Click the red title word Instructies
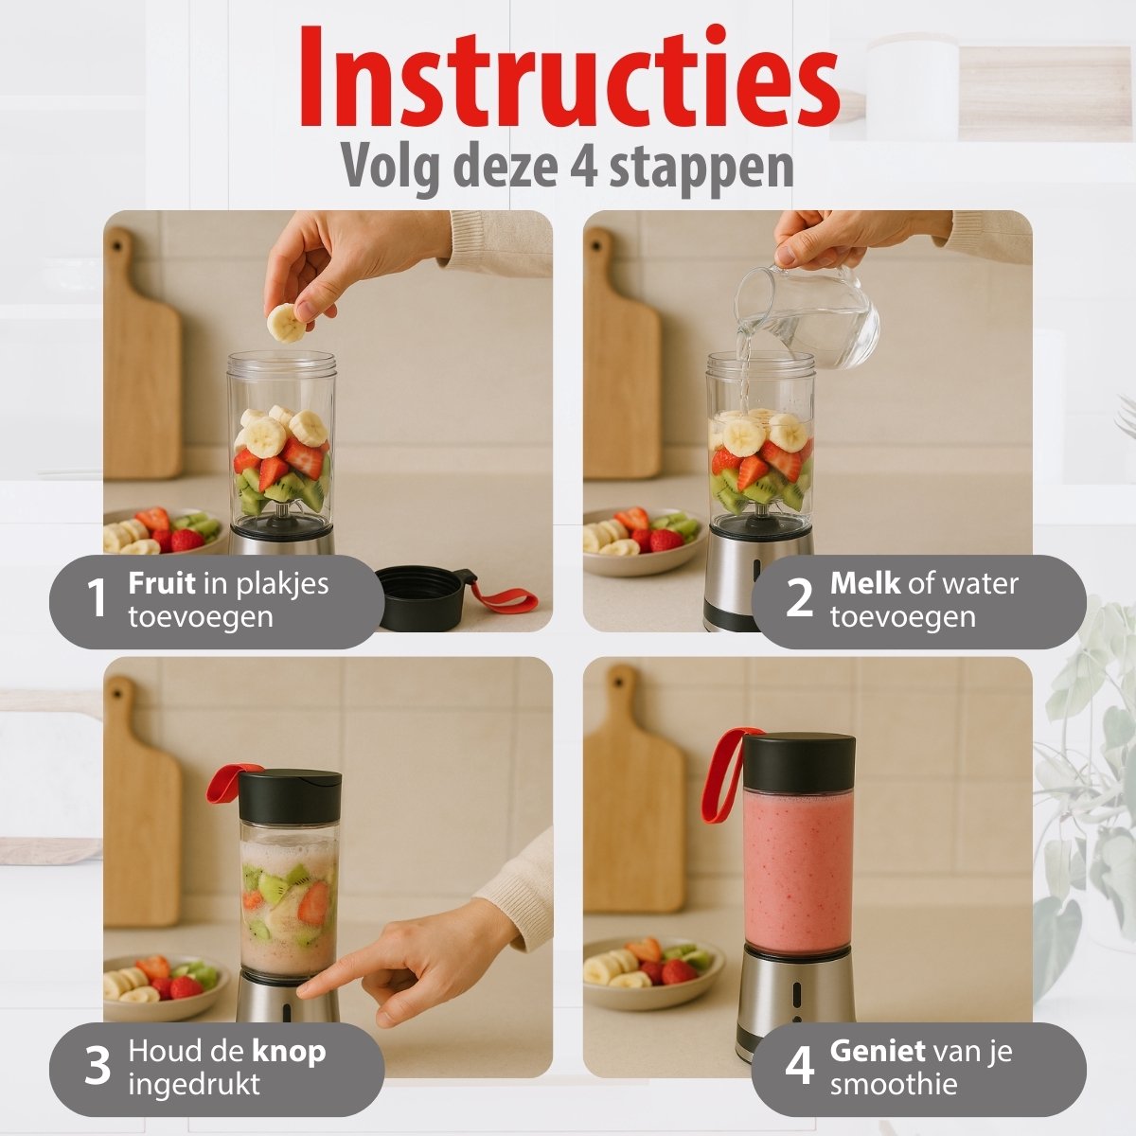tap(570, 76)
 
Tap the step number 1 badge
tap(97, 597)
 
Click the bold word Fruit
tap(162, 583)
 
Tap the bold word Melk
tap(865, 583)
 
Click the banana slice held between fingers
tap(286, 323)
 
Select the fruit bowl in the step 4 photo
tap(653, 972)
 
